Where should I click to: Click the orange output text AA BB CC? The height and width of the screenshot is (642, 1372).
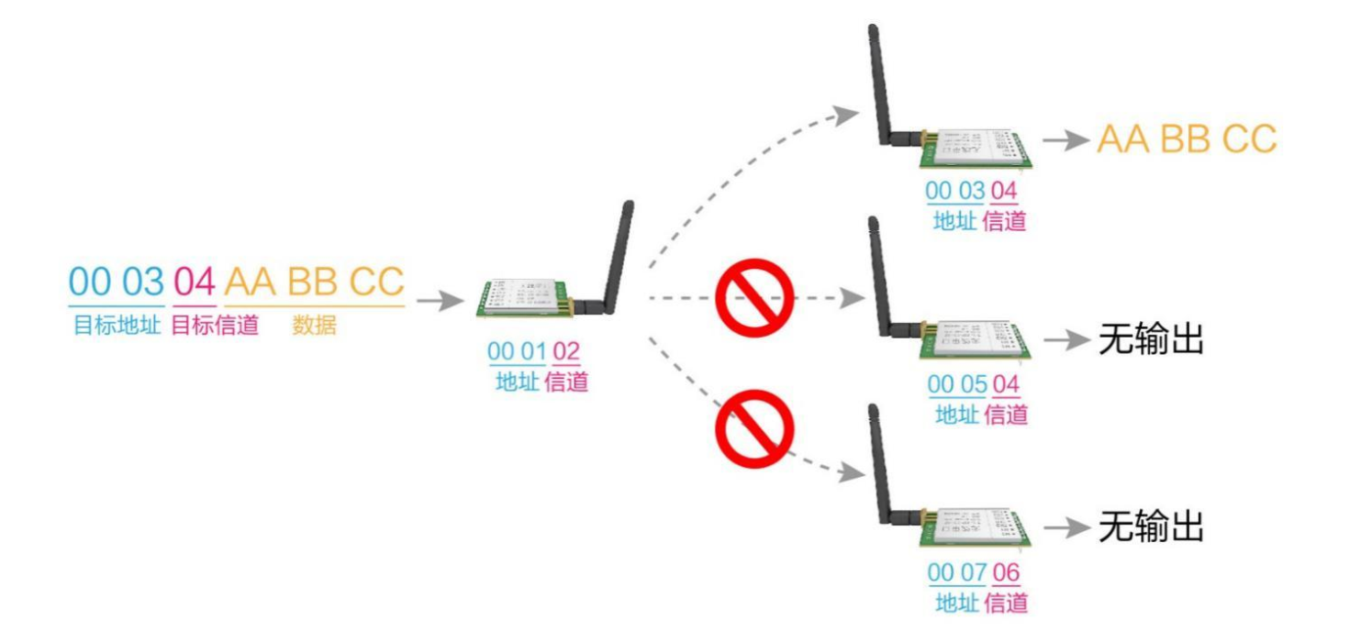pyautogui.click(x=1187, y=138)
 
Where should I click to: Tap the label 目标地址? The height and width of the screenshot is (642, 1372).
pyautogui.click(x=117, y=325)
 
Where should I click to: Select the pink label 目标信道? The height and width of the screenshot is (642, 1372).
pyautogui.click(x=215, y=325)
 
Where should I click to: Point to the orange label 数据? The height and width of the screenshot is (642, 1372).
pyautogui.click(x=314, y=325)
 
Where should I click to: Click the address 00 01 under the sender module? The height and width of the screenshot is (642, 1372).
pyautogui.click(x=517, y=351)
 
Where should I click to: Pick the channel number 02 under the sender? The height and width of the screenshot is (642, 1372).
pyautogui.click(x=566, y=351)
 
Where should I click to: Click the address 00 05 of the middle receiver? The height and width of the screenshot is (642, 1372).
pyautogui.click(x=957, y=384)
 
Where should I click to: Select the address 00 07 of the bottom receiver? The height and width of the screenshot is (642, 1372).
pyautogui.click(x=957, y=572)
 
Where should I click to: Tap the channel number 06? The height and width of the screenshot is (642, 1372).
pyautogui.click(x=1006, y=572)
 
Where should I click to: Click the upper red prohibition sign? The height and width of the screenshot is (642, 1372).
pyautogui.click(x=754, y=298)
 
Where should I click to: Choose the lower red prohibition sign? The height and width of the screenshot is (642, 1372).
pyautogui.click(x=754, y=429)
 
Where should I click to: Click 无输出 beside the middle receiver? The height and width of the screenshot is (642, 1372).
pyautogui.click(x=1151, y=338)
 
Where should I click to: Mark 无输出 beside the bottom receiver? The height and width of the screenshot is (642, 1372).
pyautogui.click(x=1151, y=526)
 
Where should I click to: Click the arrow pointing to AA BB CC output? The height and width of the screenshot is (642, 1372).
pyautogui.click(x=1065, y=140)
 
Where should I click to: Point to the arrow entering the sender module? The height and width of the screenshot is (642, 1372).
pyautogui.click(x=440, y=301)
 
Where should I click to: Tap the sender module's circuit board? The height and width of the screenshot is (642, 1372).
pyautogui.click(x=525, y=299)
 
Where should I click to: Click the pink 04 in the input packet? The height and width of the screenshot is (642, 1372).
pyautogui.click(x=195, y=282)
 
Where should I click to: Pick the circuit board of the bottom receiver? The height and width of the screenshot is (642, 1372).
pyautogui.click(x=976, y=527)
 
